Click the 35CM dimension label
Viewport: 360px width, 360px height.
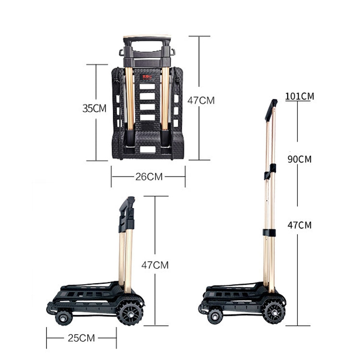[x=94, y=108]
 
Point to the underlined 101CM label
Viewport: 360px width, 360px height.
[x=300, y=96]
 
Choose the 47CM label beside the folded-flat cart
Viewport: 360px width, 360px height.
[x=201, y=100]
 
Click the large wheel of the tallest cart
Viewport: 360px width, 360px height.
[x=274, y=312]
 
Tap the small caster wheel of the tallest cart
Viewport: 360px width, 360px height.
[x=215, y=316]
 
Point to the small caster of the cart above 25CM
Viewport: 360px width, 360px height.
[x=63, y=317]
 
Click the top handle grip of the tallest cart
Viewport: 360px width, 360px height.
[x=271, y=110]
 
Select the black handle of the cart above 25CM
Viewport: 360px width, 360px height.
[x=127, y=214]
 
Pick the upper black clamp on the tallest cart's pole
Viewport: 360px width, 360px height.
[x=270, y=171]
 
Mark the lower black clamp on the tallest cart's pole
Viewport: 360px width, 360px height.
[x=269, y=232]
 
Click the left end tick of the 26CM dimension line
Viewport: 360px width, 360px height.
[x=111, y=176]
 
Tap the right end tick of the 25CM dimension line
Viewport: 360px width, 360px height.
[x=116, y=338]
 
